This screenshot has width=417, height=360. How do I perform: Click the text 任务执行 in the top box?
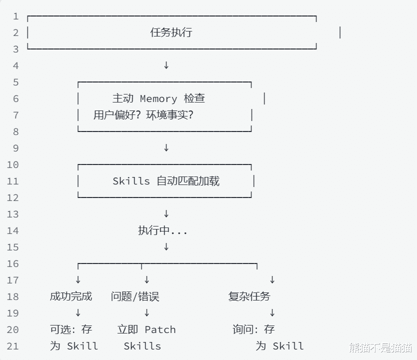click(171, 33)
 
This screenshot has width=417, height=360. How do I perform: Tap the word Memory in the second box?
click(158, 99)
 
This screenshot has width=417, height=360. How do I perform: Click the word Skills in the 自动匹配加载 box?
click(131, 181)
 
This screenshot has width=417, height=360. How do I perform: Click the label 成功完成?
click(71, 296)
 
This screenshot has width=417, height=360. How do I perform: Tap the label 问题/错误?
click(135, 296)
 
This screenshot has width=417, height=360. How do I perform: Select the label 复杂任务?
click(249, 296)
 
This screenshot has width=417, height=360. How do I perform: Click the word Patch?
click(160, 329)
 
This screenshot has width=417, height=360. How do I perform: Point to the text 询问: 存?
click(253, 329)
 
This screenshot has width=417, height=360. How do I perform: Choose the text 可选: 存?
click(71, 329)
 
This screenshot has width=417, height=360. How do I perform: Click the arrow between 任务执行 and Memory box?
click(166, 65)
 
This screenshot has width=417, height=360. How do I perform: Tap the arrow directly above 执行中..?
click(166, 214)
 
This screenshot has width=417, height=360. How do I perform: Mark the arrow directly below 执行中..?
click(166, 247)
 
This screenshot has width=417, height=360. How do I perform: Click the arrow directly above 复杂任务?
click(272, 280)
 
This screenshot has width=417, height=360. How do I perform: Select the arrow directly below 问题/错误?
click(146, 313)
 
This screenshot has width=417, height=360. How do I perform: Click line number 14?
click(13, 231)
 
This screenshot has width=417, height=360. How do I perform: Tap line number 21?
click(13, 346)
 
